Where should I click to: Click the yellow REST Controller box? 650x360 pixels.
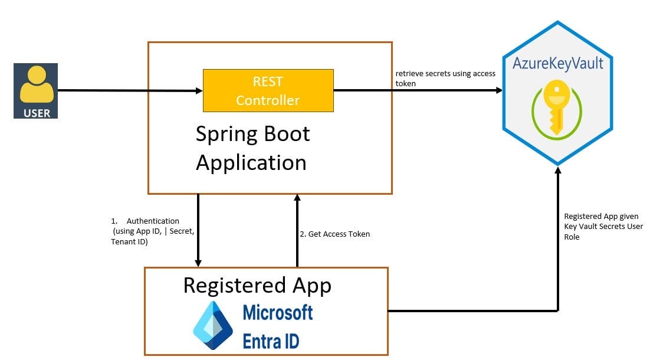pyautogui.click(x=268, y=90)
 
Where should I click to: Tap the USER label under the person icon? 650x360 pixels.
pyautogui.click(x=36, y=112)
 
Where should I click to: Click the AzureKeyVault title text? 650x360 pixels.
pyautogui.click(x=557, y=63)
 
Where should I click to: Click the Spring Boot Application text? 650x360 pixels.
pyautogui.click(x=252, y=148)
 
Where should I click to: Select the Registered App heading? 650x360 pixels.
pyautogui.click(x=257, y=285)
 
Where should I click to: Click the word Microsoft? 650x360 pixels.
pyautogui.click(x=278, y=312)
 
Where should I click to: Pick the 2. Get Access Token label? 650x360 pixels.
pyautogui.click(x=334, y=234)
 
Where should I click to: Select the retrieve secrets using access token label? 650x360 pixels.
pyautogui.click(x=445, y=78)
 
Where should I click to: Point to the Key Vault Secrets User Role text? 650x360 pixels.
pyautogui.click(x=603, y=227)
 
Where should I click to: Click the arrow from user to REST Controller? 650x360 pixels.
pyautogui.click(x=130, y=91)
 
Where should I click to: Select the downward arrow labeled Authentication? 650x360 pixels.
pyautogui.click(x=198, y=230)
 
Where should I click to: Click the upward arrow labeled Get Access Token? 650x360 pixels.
pyautogui.click(x=297, y=230)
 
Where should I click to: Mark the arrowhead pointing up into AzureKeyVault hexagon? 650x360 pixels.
pyautogui.click(x=557, y=170)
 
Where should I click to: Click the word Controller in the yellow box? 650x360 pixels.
pyautogui.click(x=268, y=100)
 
